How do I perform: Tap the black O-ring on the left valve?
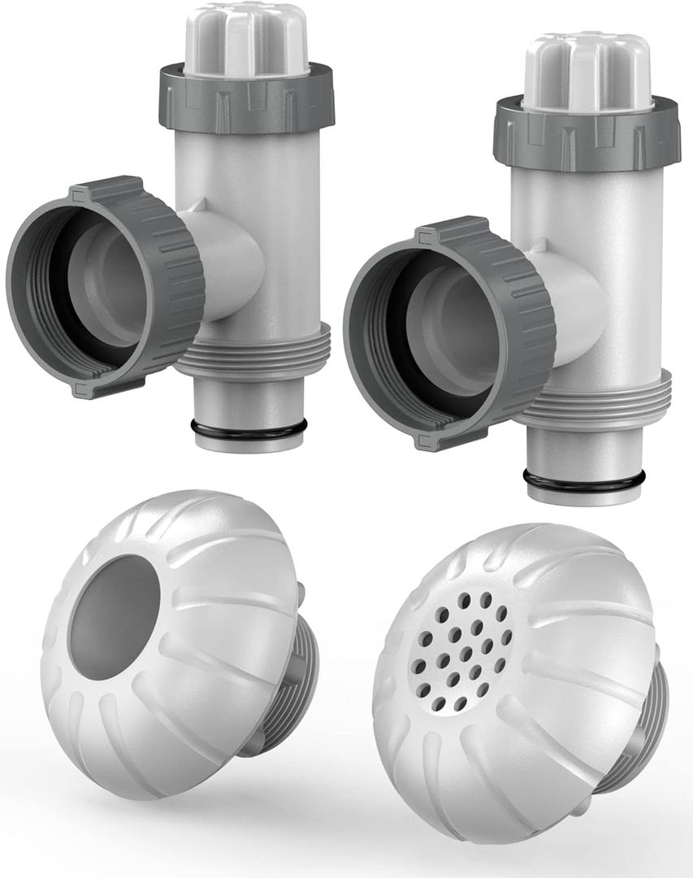(x=249, y=428)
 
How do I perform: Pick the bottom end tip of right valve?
(x=583, y=495)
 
